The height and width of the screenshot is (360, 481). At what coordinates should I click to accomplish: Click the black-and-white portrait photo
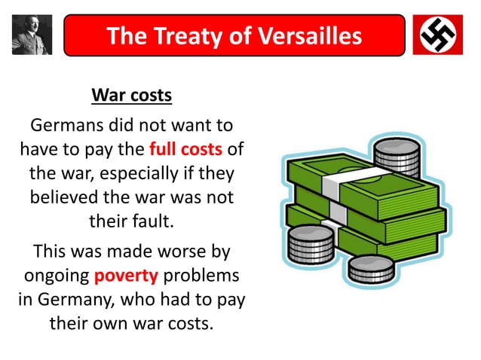click(x=32, y=35)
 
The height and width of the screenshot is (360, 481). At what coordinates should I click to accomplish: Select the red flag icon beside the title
click(x=437, y=35)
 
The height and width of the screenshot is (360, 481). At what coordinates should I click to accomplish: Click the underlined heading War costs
click(x=132, y=96)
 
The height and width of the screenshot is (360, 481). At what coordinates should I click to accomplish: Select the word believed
click(x=66, y=198)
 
